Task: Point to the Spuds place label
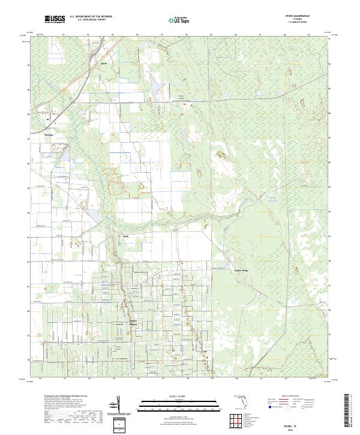pos(104,62)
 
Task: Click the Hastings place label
pos(49,135)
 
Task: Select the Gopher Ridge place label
pos(241,270)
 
